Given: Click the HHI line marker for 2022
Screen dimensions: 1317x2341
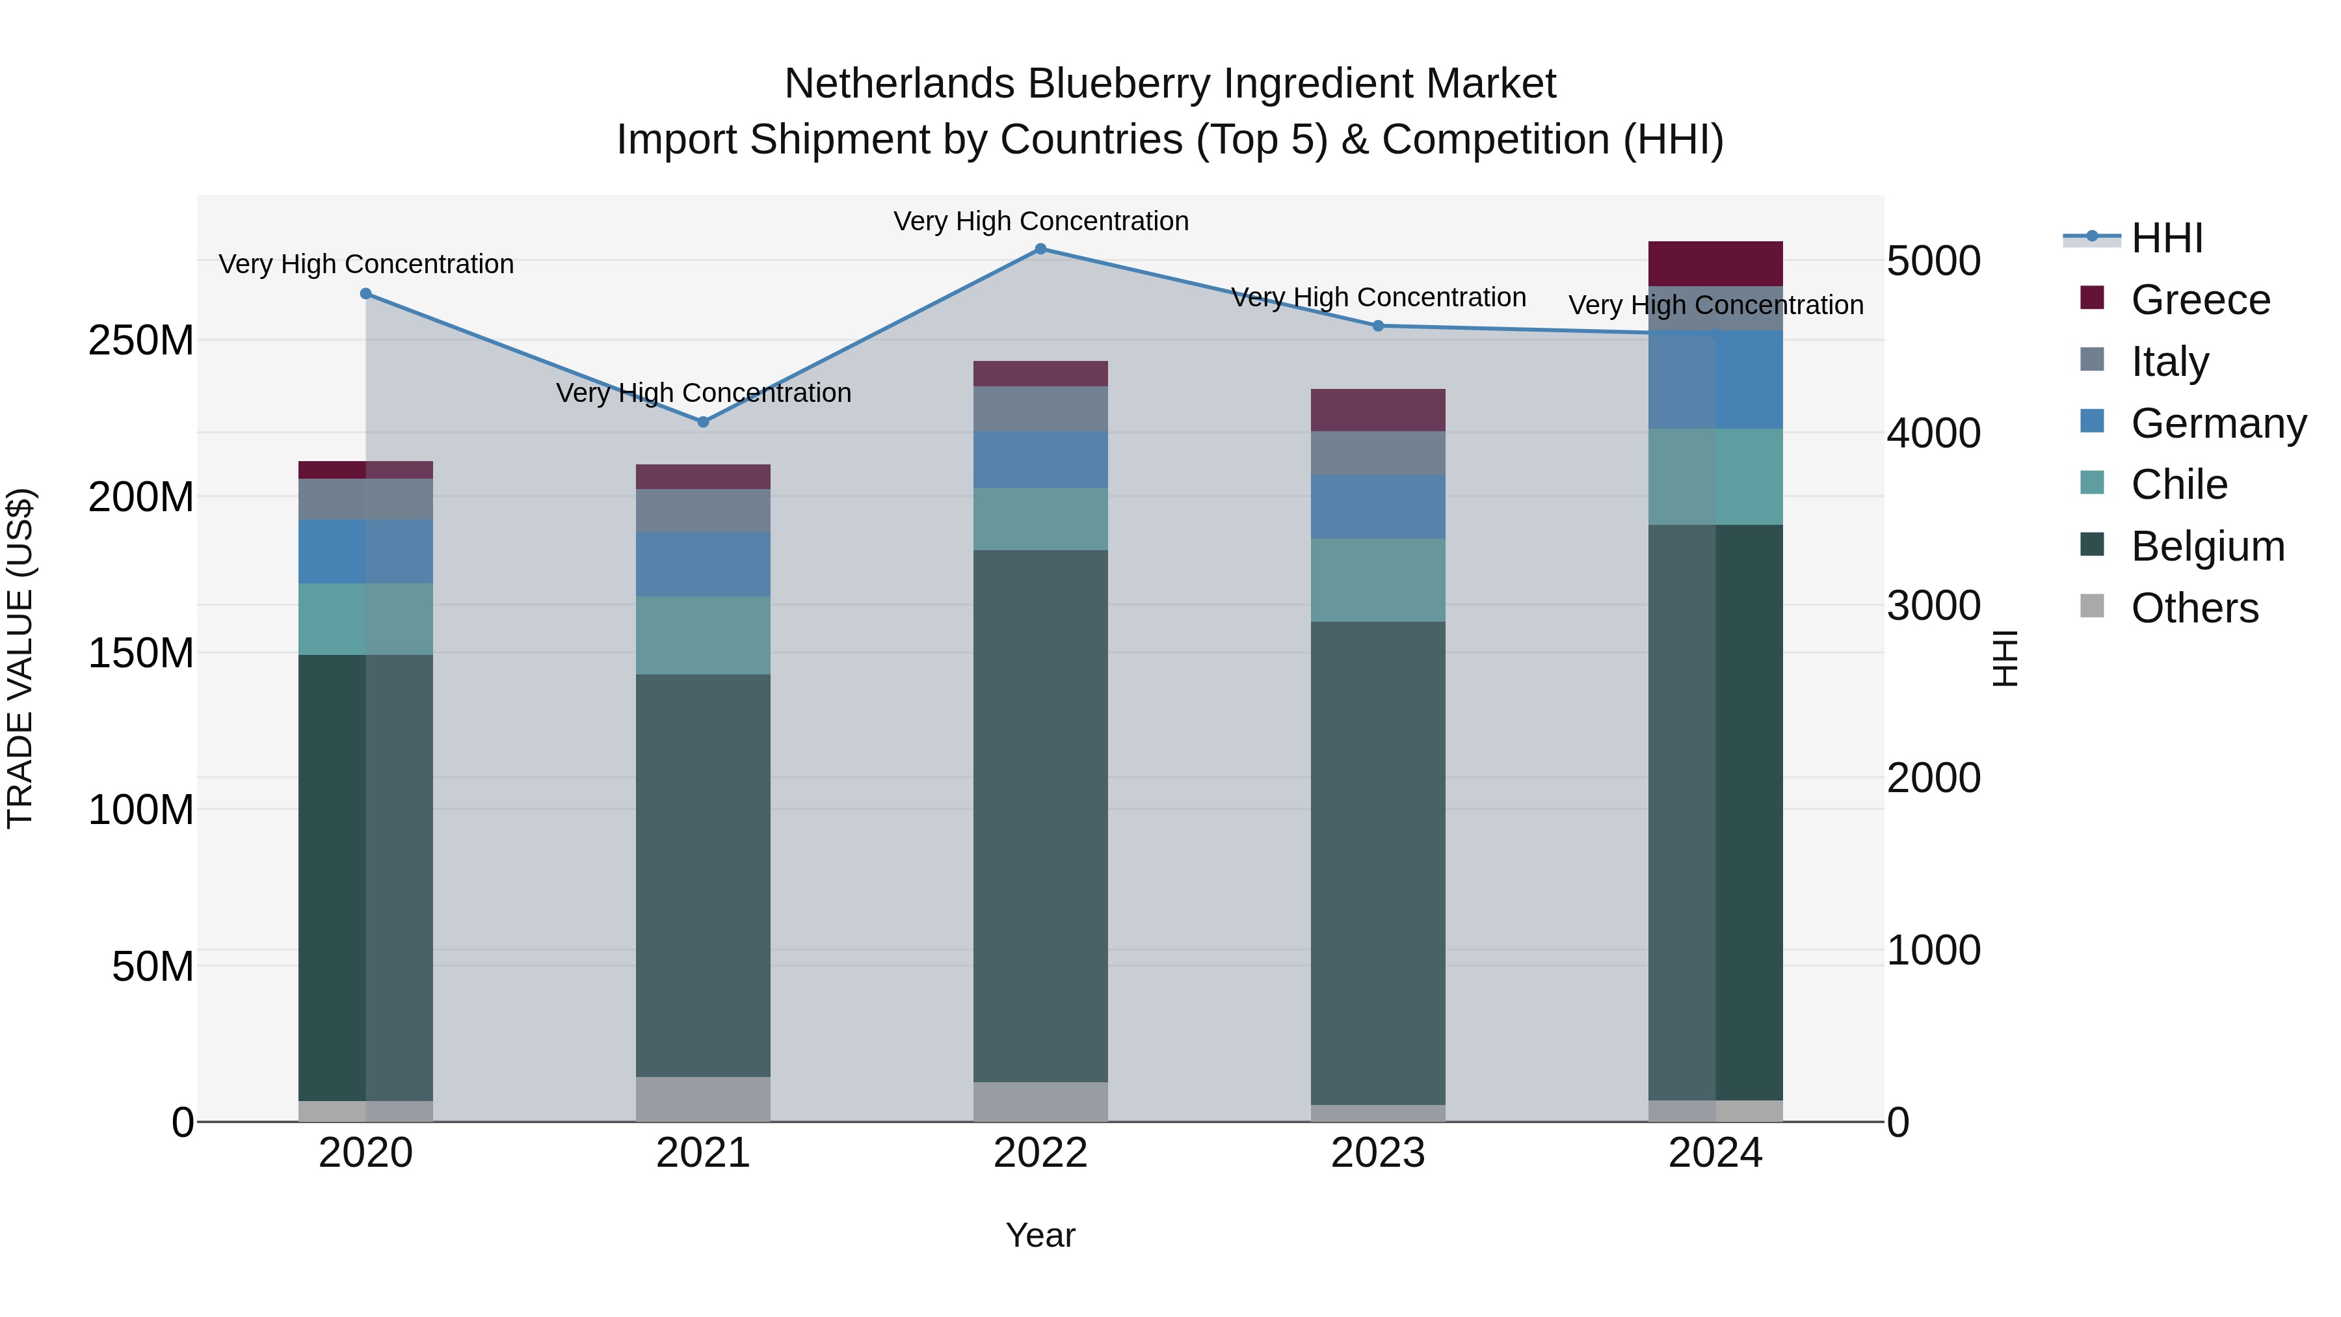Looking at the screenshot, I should [x=1040, y=248].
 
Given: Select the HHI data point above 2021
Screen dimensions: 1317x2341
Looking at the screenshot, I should [x=702, y=421].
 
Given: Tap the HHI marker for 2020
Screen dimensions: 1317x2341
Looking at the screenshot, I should [x=365, y=293].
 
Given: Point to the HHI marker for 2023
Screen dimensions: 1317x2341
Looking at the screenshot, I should [x=1378, y=325].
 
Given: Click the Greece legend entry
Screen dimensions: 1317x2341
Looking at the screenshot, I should [x=2199, y=300].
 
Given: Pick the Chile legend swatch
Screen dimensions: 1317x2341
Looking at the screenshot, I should [x=2092, y=483].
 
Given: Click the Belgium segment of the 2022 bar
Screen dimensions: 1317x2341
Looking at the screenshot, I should [x=1040, y=816].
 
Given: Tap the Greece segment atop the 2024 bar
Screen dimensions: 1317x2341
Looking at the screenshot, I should [x=1715, y=263].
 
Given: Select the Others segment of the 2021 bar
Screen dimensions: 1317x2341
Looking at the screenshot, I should [x=702, y=1099].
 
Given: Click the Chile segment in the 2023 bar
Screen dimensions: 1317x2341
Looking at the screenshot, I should [x=1378, y=580].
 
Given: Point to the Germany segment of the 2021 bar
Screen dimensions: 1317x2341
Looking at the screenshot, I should [x=702, y=565].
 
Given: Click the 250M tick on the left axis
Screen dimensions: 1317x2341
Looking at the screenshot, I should [x=141, y=341].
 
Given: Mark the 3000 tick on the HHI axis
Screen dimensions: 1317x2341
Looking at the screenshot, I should [x=1933, y=605].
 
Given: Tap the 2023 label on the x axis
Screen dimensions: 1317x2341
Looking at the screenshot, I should [x=1378, y=1153].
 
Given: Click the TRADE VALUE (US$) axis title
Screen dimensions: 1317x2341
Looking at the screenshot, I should [x=20, y=658].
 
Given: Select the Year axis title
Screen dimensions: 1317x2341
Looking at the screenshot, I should [x=1040, y=1235].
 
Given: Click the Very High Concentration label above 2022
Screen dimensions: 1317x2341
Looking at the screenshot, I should [x=1040, y=221].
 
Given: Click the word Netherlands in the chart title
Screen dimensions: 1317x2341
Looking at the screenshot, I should [x=900, y=84].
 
